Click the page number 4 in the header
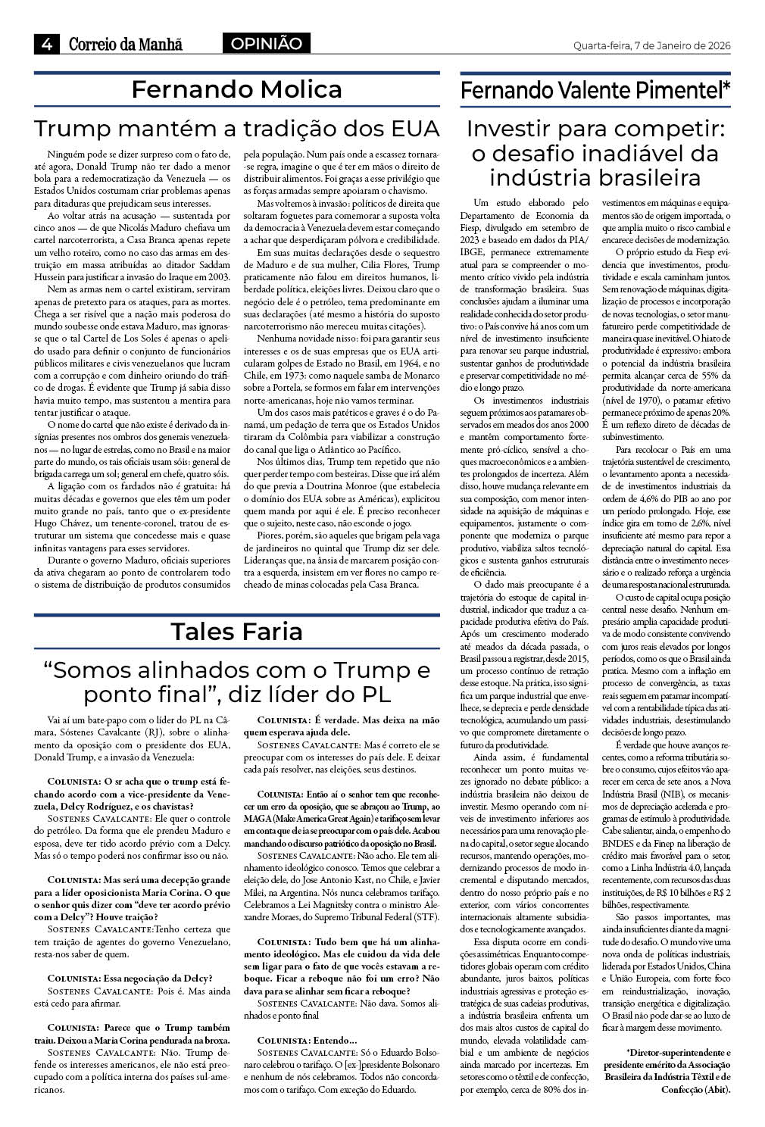pyautogui.click(x=45, y=45)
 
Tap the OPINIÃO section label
pyautogui.click(x=266, y=44)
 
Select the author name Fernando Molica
pyautogui.click(x=236, y=90)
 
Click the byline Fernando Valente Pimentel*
pyautogui.click(x=595, y=91)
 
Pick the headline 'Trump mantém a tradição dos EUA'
pyautogui.click(x=236, y=128)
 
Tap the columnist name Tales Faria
pyautogui.click(x=236, y=632)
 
